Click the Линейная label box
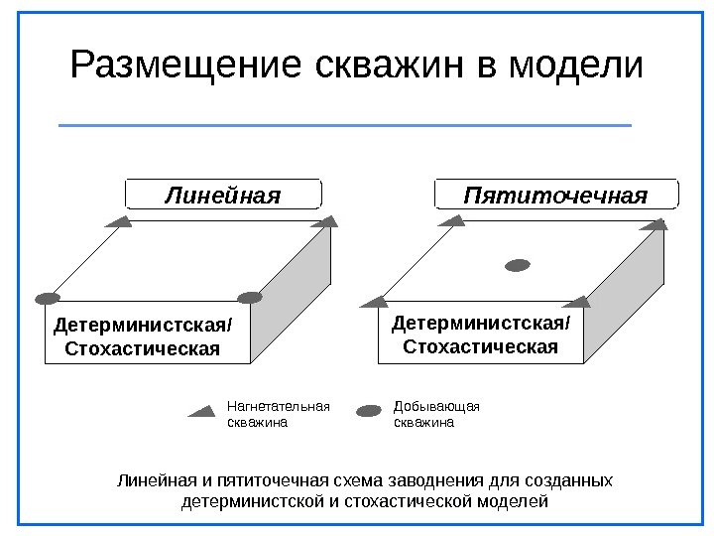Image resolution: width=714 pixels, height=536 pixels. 223,195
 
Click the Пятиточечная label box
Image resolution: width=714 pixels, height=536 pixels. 556,195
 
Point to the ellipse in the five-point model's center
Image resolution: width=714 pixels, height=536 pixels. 518,265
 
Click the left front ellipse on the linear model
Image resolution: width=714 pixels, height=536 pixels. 47,298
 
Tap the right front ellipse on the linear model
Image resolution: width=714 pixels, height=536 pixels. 249,297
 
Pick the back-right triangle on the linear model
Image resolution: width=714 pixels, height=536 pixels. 321,222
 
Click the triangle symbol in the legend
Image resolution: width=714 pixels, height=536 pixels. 204,410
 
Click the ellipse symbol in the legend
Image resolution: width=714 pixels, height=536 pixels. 369,410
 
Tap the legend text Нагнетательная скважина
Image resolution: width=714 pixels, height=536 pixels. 278,414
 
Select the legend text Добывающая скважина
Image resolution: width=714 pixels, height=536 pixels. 436,414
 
